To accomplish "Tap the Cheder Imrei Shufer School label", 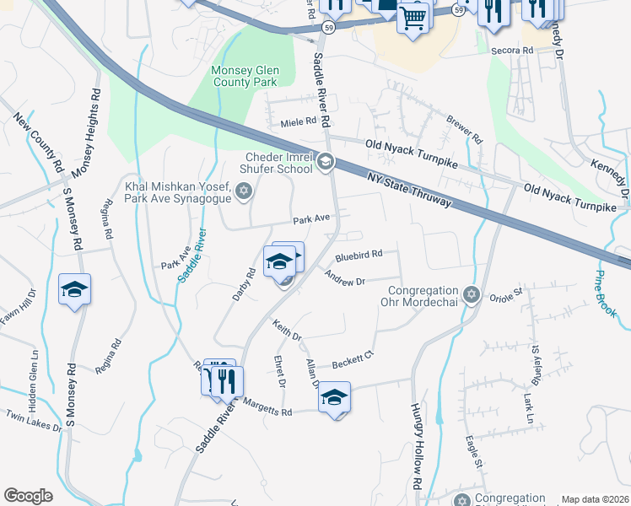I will (x=279, y=163).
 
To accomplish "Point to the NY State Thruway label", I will (x=409, y=190).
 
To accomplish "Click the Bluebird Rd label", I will (x=359, y=254).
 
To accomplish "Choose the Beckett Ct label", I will (x=353, y=358).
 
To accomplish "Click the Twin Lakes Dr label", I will (x=34, y=422).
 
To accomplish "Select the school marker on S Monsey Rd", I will (x=74, y=291).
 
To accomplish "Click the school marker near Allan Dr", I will (x=334, y=397).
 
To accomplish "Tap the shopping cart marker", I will (x=413, y=17).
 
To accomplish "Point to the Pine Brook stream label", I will (x=605, y=294).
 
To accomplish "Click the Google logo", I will (x=28, y=496).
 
